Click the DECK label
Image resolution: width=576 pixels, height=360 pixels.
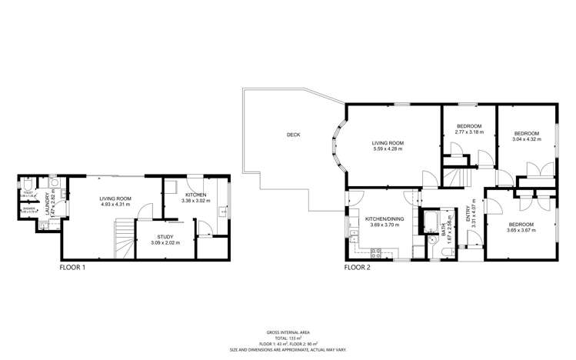(293, 135)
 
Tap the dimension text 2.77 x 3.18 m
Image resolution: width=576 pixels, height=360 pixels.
(469, 132)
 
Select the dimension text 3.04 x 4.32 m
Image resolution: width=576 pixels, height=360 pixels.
(526, 138)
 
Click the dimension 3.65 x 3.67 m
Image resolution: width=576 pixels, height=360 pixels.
(520, 230)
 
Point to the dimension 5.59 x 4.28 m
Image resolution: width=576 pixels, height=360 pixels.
(388, 148)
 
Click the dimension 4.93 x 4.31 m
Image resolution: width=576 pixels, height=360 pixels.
(115, 205)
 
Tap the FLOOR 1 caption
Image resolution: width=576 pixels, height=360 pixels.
(72, 268)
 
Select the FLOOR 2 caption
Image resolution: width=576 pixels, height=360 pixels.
(357, 268)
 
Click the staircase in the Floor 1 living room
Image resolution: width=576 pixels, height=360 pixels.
(123, 238)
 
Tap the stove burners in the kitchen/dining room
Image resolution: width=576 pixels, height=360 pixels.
(377, 252)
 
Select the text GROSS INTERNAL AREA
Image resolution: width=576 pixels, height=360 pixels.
(288, 332)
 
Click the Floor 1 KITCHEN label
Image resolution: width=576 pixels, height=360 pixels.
(195, 195)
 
